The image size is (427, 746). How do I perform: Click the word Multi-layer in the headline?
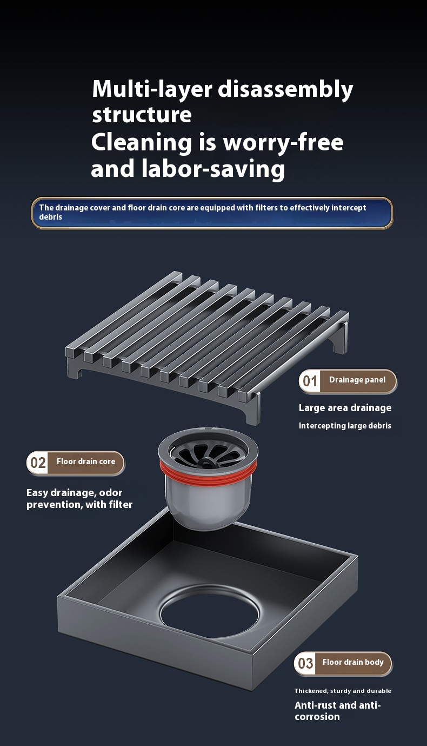[152, 89]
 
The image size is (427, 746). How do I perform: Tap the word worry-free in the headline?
[283, 142]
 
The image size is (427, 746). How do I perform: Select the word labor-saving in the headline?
[213, 169]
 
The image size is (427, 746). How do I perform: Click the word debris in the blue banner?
[51, 217]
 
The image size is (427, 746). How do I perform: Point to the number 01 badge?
[310, 381]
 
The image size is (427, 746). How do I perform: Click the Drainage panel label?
[357, 380]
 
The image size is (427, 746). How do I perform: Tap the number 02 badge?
[38, 463]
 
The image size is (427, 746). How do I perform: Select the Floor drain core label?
[86, 461]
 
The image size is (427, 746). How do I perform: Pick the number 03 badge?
[305, 663]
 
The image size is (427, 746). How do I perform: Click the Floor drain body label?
[353, 662]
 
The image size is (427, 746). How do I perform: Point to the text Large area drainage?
[345, 408]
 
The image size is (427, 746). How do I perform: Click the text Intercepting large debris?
[345, 426]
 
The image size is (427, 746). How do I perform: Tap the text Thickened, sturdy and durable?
[343, 691]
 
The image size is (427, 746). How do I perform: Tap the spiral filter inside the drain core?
[208, 453]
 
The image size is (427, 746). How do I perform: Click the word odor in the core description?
[111, 493]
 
